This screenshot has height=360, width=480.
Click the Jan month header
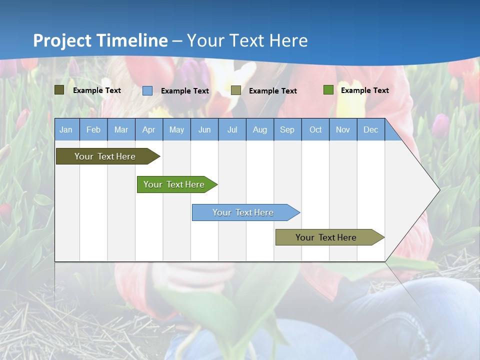tap(66, 129)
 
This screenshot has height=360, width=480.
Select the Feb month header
tap(93, 129)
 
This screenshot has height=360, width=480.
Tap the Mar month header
tap(121, 129)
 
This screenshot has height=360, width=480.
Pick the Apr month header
tap(148, 129)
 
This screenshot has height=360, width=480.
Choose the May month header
tap(176, 129)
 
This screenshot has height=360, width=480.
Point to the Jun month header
tap(204, 129)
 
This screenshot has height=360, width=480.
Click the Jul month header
tap(232, 129)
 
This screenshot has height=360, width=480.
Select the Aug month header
tap(260, 129)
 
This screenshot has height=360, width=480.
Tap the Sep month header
tap(287, 129)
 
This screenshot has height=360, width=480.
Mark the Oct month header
tap(315, 129)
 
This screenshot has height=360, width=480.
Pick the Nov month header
tap(343, 129)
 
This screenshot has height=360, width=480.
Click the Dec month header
tap(370, 129)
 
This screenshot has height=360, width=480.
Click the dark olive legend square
tap(59, 90)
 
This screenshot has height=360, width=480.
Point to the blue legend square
tap(147, 90)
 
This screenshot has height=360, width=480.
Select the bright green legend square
tap(328, 90)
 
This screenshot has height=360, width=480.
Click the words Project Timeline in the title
tap(100, 40)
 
